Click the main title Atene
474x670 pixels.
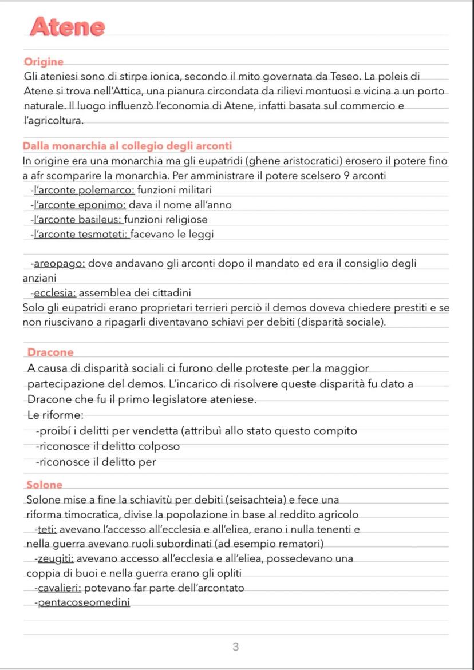[x=68, y=26]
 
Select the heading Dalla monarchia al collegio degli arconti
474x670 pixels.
[x=127, y=146]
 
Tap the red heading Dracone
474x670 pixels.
[x=50, y=352]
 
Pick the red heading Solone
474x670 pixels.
[x=45, y=485]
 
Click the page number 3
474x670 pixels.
[x=235, y=647]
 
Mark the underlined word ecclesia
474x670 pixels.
[x=55, y=294]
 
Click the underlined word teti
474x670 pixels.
[x=46, y=529]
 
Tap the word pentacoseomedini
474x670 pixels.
[x=82, y=602]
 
